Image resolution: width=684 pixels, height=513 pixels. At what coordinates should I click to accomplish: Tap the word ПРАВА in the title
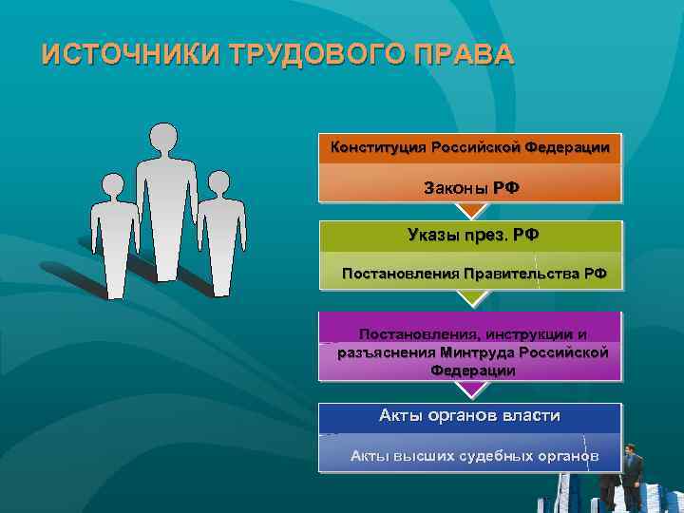point(465,54)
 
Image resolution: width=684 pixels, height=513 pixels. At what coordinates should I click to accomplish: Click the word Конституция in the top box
point(378,147)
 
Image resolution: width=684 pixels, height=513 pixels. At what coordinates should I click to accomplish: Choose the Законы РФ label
point(471,187)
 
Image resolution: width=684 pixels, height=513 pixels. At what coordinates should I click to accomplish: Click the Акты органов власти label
point(469,415)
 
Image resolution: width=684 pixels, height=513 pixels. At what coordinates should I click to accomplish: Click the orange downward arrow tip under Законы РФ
point(470,212)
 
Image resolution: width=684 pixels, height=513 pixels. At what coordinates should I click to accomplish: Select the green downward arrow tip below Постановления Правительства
point(470,299)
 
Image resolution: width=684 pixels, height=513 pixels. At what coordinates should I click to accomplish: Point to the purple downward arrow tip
point(470,391)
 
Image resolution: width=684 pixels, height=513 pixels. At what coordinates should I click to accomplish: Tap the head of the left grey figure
point(113,186)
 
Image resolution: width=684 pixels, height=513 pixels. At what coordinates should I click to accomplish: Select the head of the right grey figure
point(219,184)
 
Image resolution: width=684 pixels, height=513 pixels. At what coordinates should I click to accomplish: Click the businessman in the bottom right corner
point(630,475)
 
